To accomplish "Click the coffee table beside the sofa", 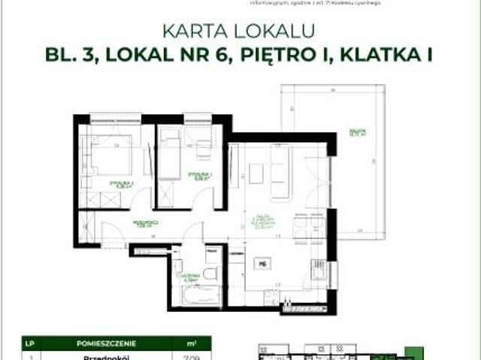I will click(x=256, y=173).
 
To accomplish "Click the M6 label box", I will click(x=262, y=264).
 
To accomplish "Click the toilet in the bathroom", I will click(x=210, y=272).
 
